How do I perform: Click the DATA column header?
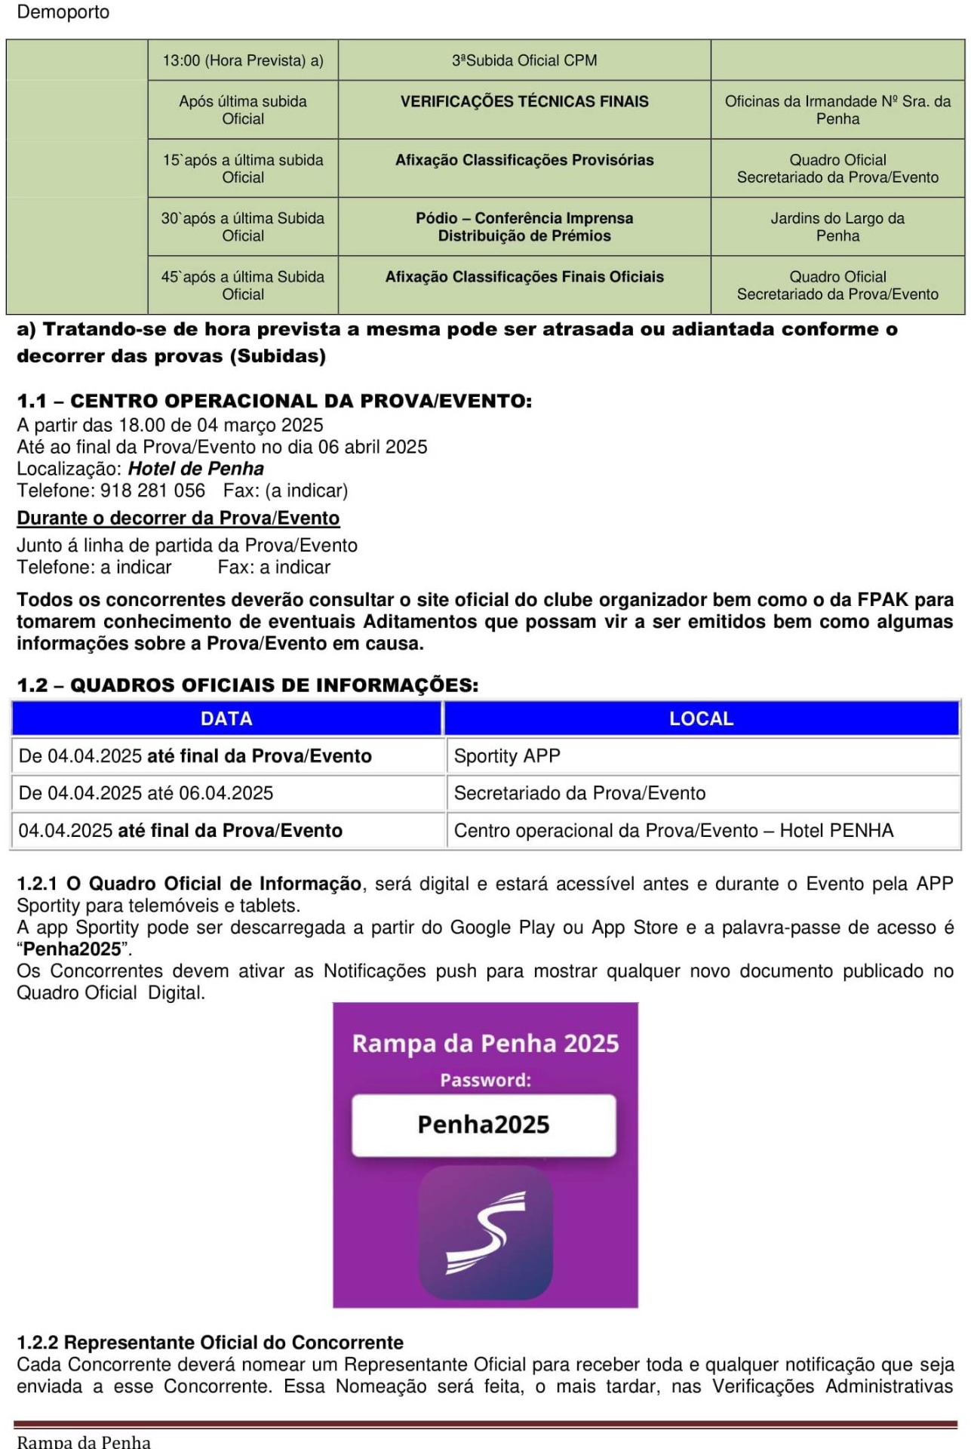tap(226, 718)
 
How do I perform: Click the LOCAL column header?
tap(701, 718)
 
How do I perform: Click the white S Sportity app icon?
tap(485, 1232)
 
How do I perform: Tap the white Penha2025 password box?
tap(484, 1124)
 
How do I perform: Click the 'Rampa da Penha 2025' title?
tap(485, 1044)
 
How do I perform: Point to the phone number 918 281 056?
tap(152, 491)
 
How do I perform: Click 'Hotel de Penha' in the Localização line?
tap(196, 469)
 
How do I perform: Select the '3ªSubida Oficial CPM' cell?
tap(524, 60)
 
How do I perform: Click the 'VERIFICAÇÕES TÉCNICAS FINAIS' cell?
tap(524, 102)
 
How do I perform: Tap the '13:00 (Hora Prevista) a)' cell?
tap(243, 60)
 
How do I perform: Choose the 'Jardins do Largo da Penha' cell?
tap(837, 227)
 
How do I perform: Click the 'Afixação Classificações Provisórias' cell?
tap(524, 160)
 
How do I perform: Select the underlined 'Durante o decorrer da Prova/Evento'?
tap(178, 518)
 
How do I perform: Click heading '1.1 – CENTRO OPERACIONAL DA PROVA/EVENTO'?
tap(275, 401)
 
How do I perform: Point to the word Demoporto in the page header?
tap(63, 12)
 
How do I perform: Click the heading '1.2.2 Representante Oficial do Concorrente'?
tap(210, 1343)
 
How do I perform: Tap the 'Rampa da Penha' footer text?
tap(84, 1441)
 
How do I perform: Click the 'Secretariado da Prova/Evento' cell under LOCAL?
tap(579, 793)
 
